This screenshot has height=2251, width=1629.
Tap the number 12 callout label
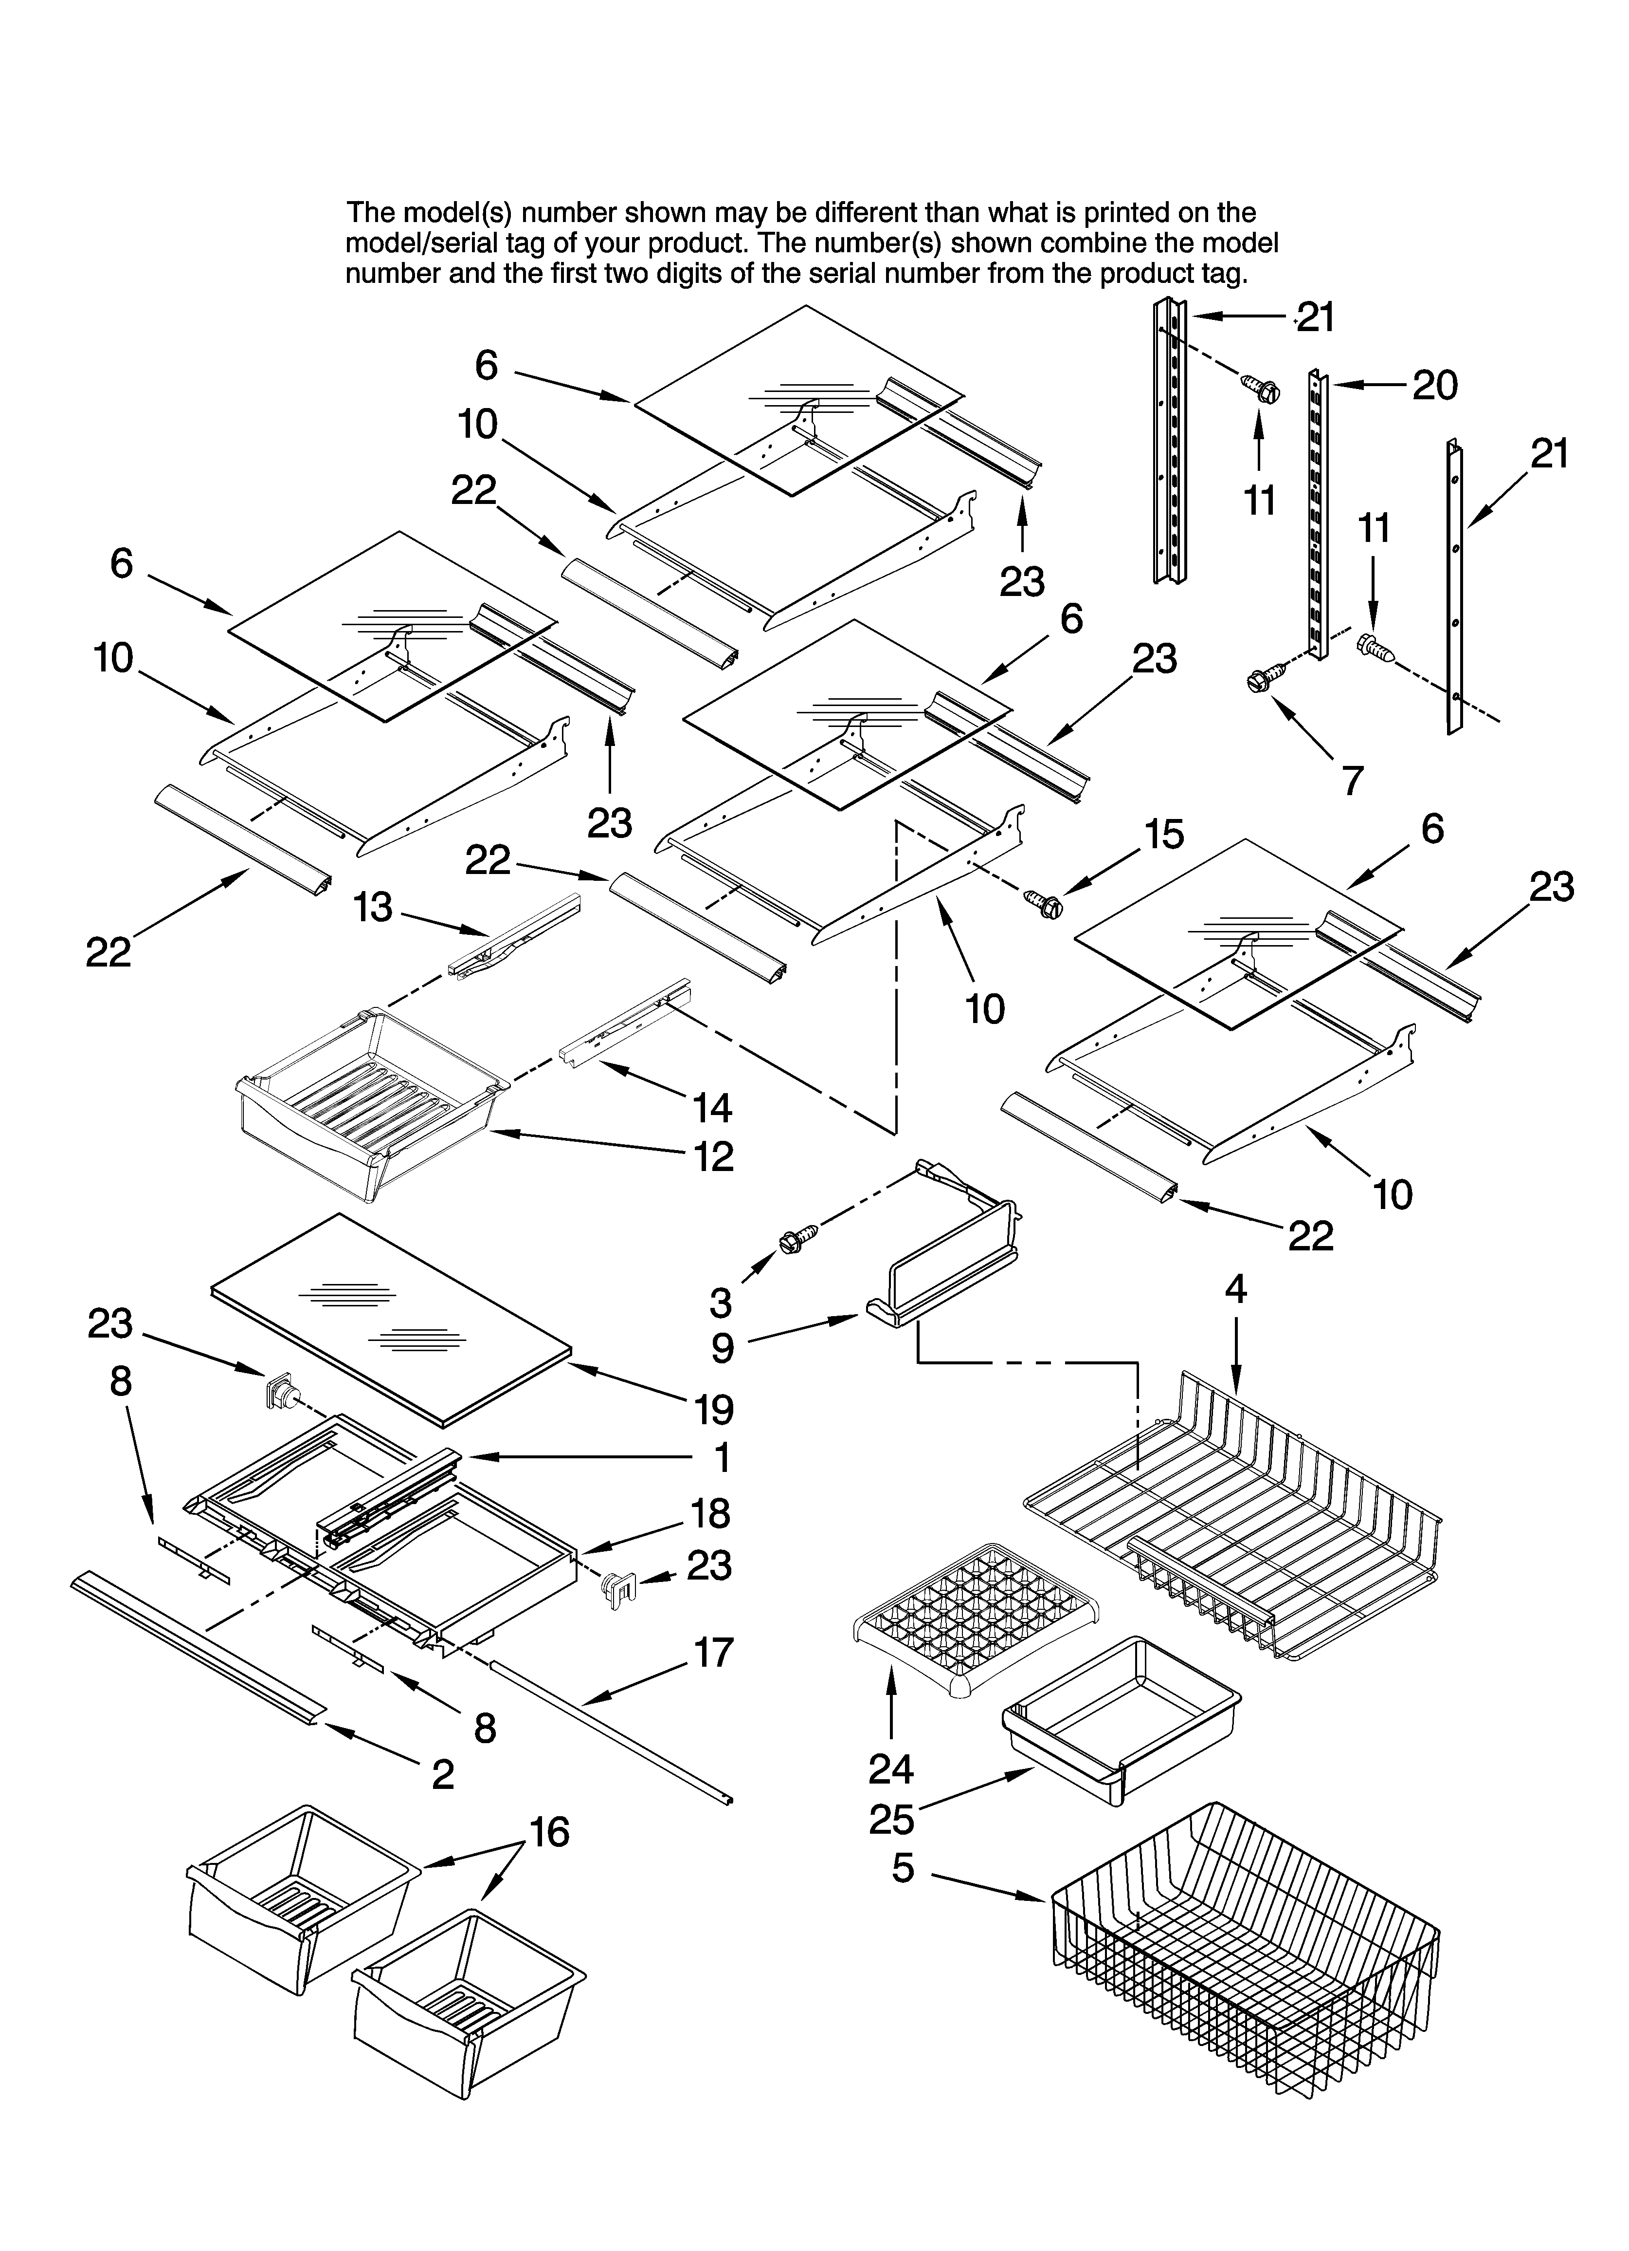[713, 1156]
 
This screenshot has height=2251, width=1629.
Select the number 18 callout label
[710, 1513]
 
